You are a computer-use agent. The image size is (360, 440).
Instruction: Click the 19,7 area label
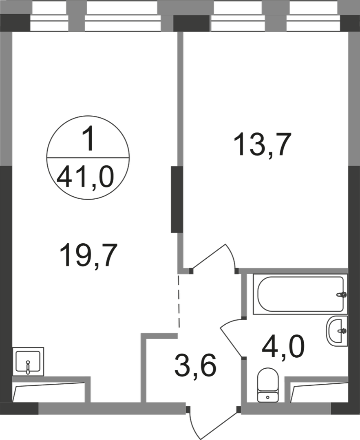[x=88, y=255]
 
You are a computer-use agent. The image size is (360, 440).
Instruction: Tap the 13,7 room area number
[x=261, y=145]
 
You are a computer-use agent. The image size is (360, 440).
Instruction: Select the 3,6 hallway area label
[x=195, y=365]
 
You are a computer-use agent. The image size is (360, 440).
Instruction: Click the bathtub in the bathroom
[x=300, y=294]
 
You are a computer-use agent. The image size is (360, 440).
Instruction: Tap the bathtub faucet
[x=342, y=295]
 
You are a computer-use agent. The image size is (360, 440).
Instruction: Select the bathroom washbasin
[x=337, y=331]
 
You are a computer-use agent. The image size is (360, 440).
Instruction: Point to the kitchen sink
[x=28, y=361]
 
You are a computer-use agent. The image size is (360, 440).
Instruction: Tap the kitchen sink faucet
[x=27, y=367]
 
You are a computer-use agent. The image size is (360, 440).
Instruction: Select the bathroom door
[x=231, y=338]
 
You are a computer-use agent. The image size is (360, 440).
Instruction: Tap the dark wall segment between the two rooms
[x=177, y=200]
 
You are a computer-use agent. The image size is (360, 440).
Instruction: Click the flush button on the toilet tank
[x=267, y=397]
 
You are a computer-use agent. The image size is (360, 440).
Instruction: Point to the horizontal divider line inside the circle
[x=88, y=158]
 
